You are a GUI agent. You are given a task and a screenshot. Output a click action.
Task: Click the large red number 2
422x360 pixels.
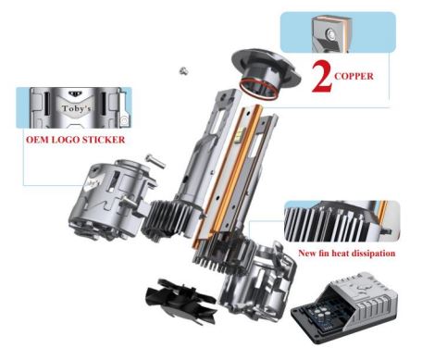(322, 77)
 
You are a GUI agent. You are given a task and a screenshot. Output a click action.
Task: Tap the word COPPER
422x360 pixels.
(354, 76)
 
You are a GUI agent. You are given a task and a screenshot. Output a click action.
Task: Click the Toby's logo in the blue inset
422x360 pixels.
(76, 108)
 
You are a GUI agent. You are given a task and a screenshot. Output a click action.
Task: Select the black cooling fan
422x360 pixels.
(180, 301)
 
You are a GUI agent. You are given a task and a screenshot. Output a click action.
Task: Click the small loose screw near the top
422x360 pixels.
(184, 71)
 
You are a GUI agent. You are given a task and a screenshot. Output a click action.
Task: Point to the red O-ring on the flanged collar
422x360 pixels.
(259, 89)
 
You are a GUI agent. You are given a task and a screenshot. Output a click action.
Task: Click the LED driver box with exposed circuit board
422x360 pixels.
(344, 306)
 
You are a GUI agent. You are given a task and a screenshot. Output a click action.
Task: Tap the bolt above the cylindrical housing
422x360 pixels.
(155, 161)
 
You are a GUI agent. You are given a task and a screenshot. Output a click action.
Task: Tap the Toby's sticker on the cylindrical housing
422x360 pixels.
(92, 182)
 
